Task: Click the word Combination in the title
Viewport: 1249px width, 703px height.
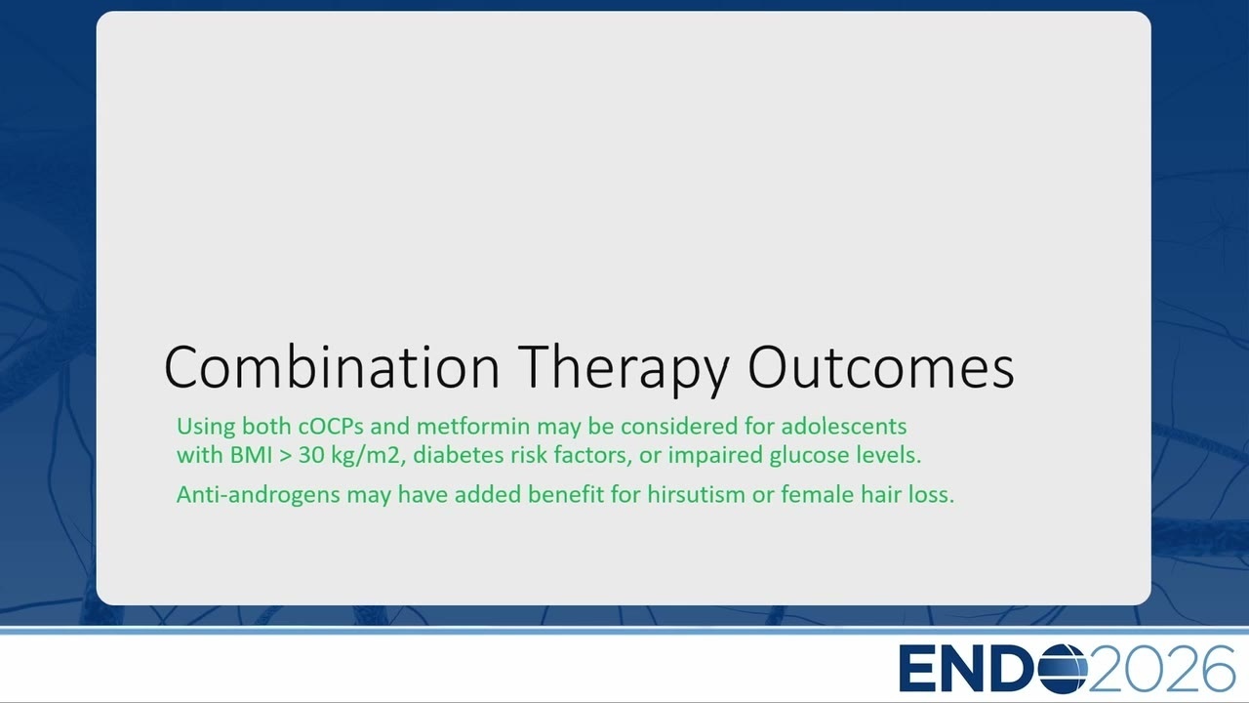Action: [332, 366]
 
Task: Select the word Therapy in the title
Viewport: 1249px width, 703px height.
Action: [624, 370]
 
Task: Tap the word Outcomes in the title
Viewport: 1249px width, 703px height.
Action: [881, 366]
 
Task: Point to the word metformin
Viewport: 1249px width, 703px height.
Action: [473, 427]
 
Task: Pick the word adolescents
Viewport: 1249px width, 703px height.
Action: [844, 427]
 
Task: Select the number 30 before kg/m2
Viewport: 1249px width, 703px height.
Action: [311, 455]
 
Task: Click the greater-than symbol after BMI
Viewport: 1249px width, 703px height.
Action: [286, 456]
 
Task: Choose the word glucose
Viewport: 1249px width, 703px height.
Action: [809, 456]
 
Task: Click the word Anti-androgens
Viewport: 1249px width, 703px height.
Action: [259, 495]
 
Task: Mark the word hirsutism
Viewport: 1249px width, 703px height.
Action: [696, 494]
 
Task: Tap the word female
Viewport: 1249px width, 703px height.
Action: [817, 494]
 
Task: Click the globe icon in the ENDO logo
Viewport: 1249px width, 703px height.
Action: [1063, 668]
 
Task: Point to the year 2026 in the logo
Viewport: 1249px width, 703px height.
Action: [1162, 668]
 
